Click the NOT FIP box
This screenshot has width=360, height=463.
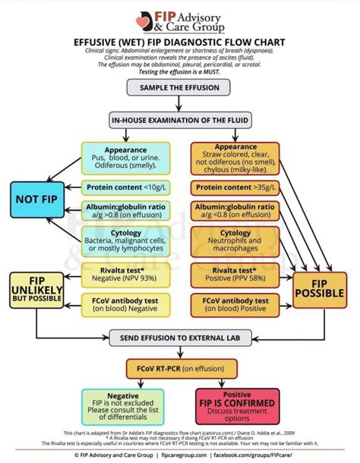(35, 200)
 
